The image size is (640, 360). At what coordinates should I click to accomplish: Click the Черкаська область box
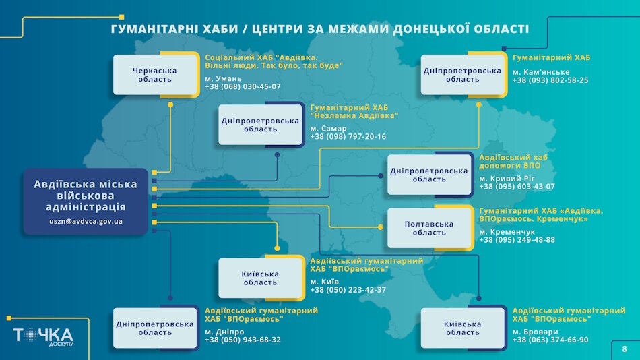[x=155, y=75]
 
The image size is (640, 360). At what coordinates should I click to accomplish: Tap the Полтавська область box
[x=429, y=229]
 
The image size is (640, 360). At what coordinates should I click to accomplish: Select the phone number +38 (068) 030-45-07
[x=243, y=87]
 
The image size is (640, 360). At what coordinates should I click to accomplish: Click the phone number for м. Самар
[x=348, y=137]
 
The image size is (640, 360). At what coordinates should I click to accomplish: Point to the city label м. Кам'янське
[x=540, y=72]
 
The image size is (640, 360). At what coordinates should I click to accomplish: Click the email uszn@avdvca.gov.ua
[x=86, y=221]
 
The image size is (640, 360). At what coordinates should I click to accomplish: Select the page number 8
[x=625, y=349]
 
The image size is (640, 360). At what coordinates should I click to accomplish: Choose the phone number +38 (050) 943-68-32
[x=243, y=340]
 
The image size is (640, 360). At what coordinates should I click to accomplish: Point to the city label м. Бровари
[x=535, y=332]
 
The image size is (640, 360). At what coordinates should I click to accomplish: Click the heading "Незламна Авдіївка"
[x=354, y=116]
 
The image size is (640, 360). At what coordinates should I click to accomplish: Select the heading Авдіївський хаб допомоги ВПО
[x=513, y=162]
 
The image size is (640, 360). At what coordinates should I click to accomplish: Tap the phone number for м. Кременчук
[x=517, y=240]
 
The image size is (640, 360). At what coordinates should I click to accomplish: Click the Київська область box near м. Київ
[x=260, y=278]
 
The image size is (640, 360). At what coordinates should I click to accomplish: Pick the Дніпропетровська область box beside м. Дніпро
[x=155, y=328]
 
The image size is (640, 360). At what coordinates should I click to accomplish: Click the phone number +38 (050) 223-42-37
[x=348, y=290]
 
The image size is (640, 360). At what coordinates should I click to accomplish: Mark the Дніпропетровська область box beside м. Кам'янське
[x=462, y=75]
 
